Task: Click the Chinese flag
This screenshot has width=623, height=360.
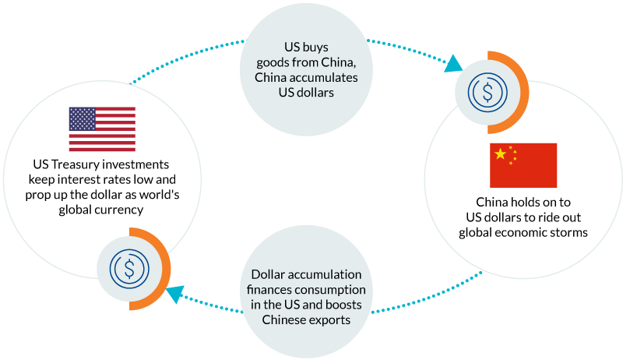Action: (x=523, y=165)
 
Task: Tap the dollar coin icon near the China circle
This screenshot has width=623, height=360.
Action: (x=487, y=93)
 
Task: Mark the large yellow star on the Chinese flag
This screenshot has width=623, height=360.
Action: (x=500, y=154)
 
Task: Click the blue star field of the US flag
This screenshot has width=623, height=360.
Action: (x=82, y=118)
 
